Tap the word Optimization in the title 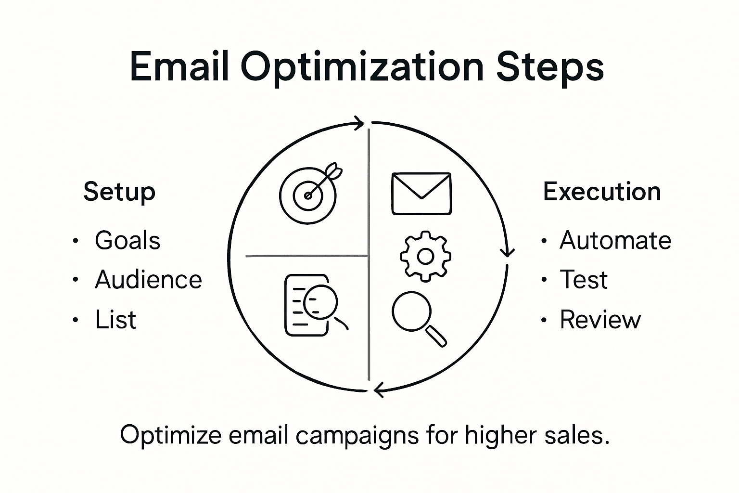[x=362, y=67]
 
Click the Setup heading [x=119, y=192]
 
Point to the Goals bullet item [x=127, y=240]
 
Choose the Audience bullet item [x=148, y=280]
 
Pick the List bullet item [x=115, y=320]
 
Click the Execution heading [x=602, y=192]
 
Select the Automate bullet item [x=615, y=240]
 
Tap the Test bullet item [x=583, y=280]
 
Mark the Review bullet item [x=600, y=320]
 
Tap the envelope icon [x=421, y=193]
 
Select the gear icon [x=425, y=256]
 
